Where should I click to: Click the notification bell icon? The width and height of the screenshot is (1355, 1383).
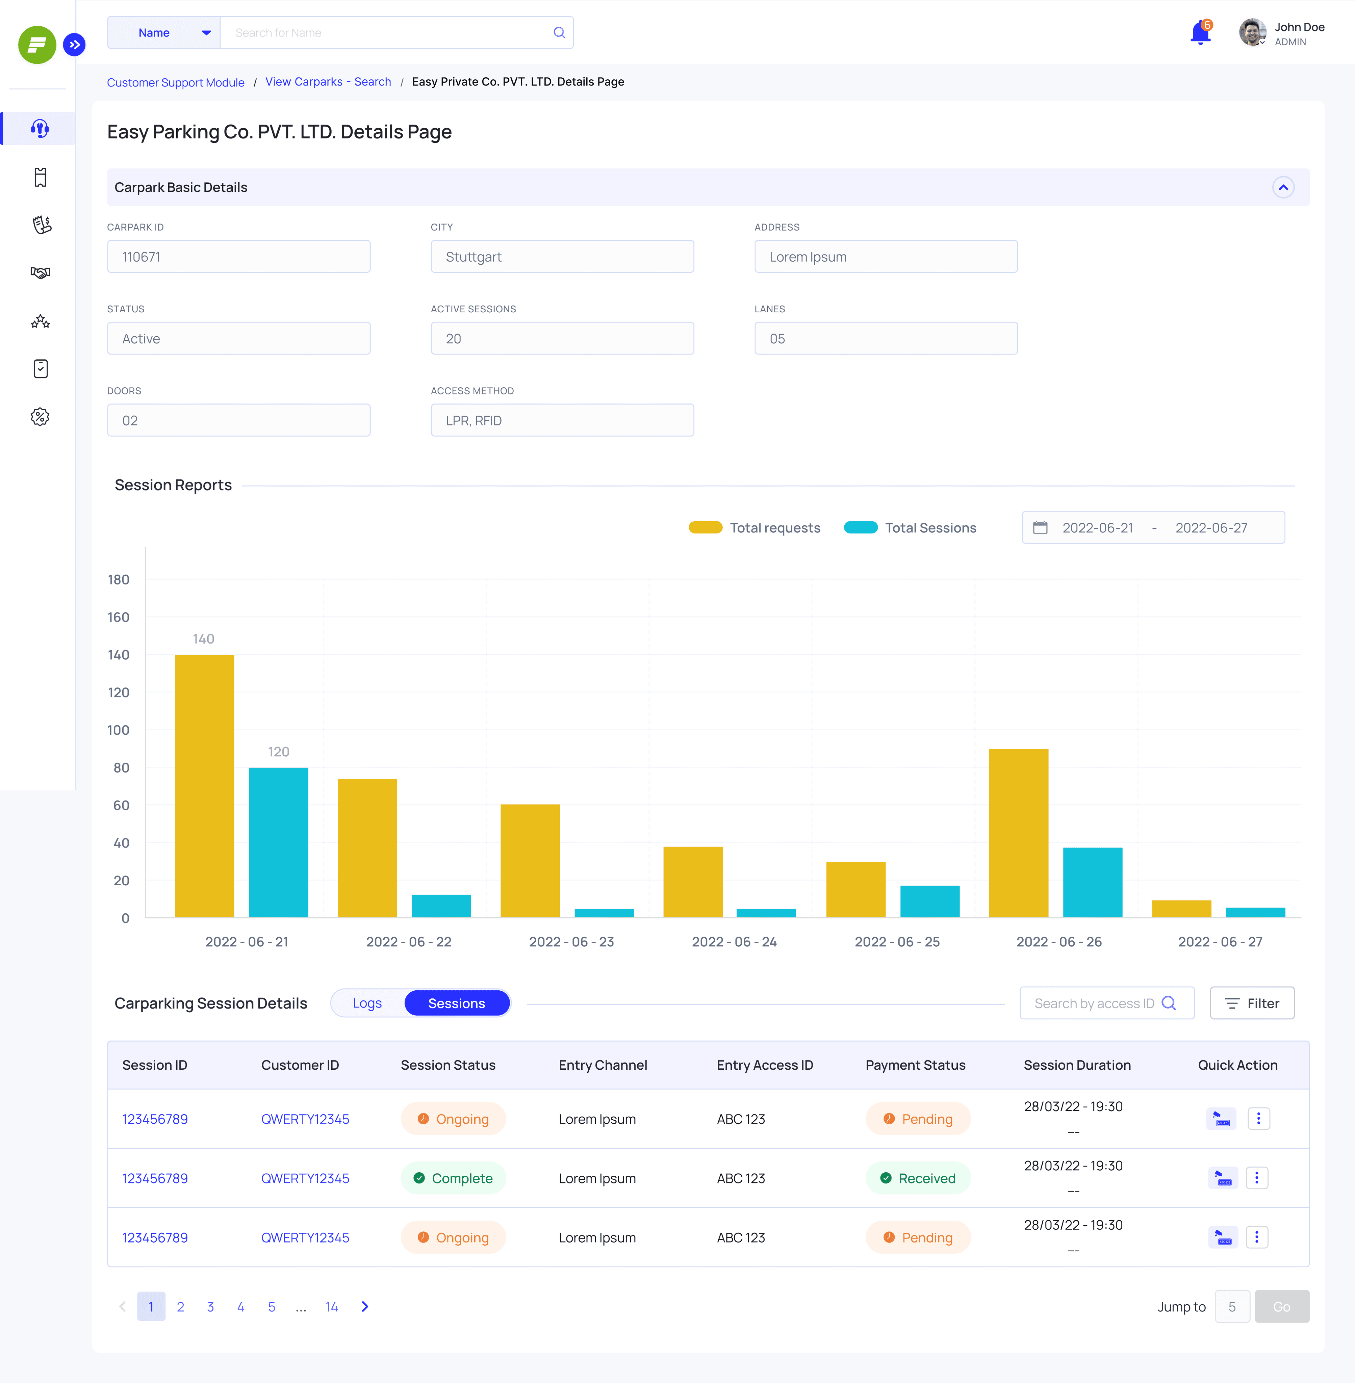coord(1201,33)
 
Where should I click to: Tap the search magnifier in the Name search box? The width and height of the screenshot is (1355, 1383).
coord(559,33)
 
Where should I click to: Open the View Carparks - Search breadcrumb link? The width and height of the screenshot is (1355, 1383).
coord(328,82)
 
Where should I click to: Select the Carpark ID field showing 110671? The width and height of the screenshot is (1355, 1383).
coord(238,257)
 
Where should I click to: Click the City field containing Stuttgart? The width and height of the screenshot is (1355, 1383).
coord(562,257)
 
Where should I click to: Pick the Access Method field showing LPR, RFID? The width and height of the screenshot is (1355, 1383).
coord(562,420)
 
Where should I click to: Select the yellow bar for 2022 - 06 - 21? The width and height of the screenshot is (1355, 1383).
coord(204,786)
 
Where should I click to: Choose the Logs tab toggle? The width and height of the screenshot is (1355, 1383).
coord(367,1003)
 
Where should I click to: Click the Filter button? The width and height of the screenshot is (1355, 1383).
coord(1252,1003)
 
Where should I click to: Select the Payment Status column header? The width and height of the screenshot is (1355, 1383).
coord(915,1065)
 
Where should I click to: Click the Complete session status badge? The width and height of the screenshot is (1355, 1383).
coord(453,1178)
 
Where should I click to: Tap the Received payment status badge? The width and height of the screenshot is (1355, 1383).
coord(918,1178)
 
